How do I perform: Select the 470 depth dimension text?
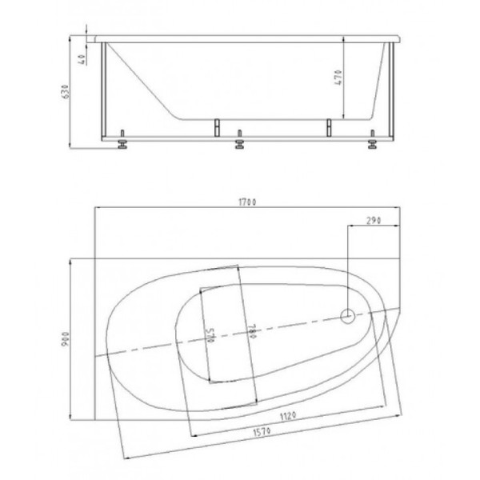(x=338, y=78)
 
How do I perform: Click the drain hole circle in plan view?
(x=348, y=317)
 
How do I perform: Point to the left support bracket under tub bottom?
(x=215, y=126)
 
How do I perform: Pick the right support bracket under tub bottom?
(x=328, y=126)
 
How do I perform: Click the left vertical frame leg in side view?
(x=102, y=92)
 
